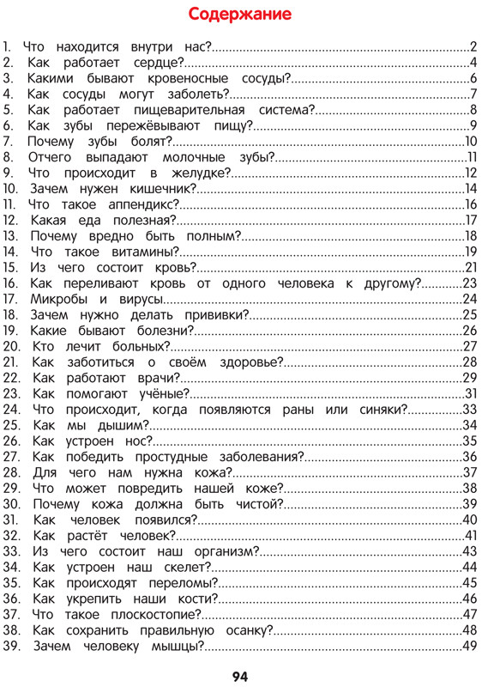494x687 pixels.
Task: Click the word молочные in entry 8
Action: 195,157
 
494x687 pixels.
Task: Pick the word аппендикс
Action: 142,204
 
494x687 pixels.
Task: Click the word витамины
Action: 142,252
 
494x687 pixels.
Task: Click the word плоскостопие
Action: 153,614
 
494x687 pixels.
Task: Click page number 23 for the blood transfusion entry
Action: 469,283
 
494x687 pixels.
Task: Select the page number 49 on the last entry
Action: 469,646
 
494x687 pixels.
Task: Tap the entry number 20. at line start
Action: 12,346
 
